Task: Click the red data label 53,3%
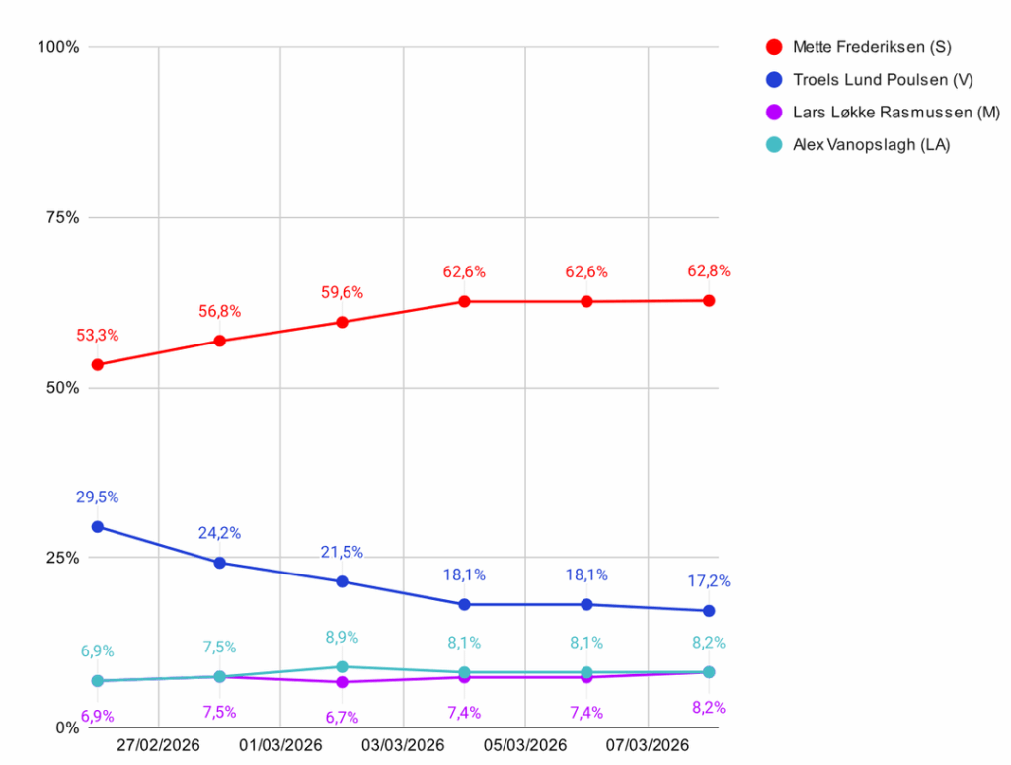tap(98, 336)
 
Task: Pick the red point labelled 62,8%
tap(709, 300)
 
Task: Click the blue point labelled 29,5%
tap(98, 526)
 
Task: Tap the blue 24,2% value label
tap(220, 533)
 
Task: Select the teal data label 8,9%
tap(342, 638)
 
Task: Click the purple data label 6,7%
tap(342, 717)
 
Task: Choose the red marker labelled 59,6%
tap(342, 322)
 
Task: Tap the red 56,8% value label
tap(220, 312)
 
